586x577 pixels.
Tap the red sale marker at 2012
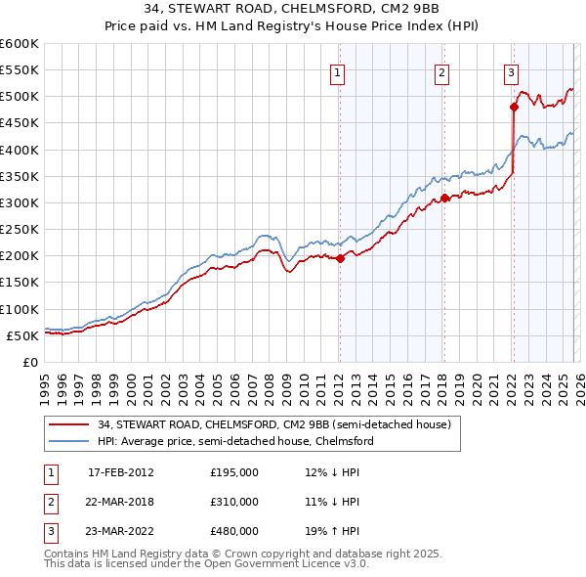340,259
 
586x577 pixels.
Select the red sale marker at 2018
444,198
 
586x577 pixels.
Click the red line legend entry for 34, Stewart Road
273,424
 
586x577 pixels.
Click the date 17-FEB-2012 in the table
121,472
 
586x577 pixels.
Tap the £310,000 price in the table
234,502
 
